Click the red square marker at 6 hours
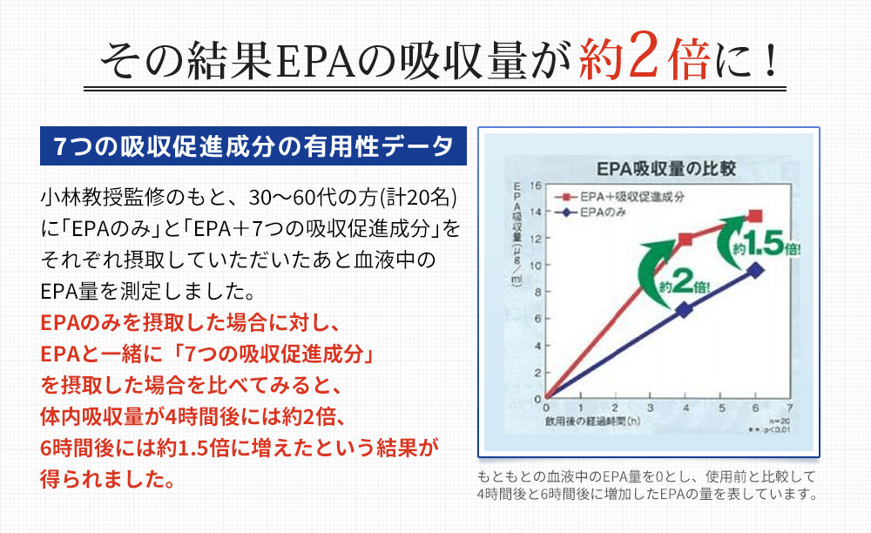coord(755,215)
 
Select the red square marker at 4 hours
coord(685,240)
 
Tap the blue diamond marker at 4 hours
coord(685,309)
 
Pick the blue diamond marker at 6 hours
coord(755,270)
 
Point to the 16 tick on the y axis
coord(537,186)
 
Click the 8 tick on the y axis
coord(537,292)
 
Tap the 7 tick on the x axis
coord(789,408)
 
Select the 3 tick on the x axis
coord(650,408)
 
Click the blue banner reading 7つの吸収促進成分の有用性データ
coord(253,145)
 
